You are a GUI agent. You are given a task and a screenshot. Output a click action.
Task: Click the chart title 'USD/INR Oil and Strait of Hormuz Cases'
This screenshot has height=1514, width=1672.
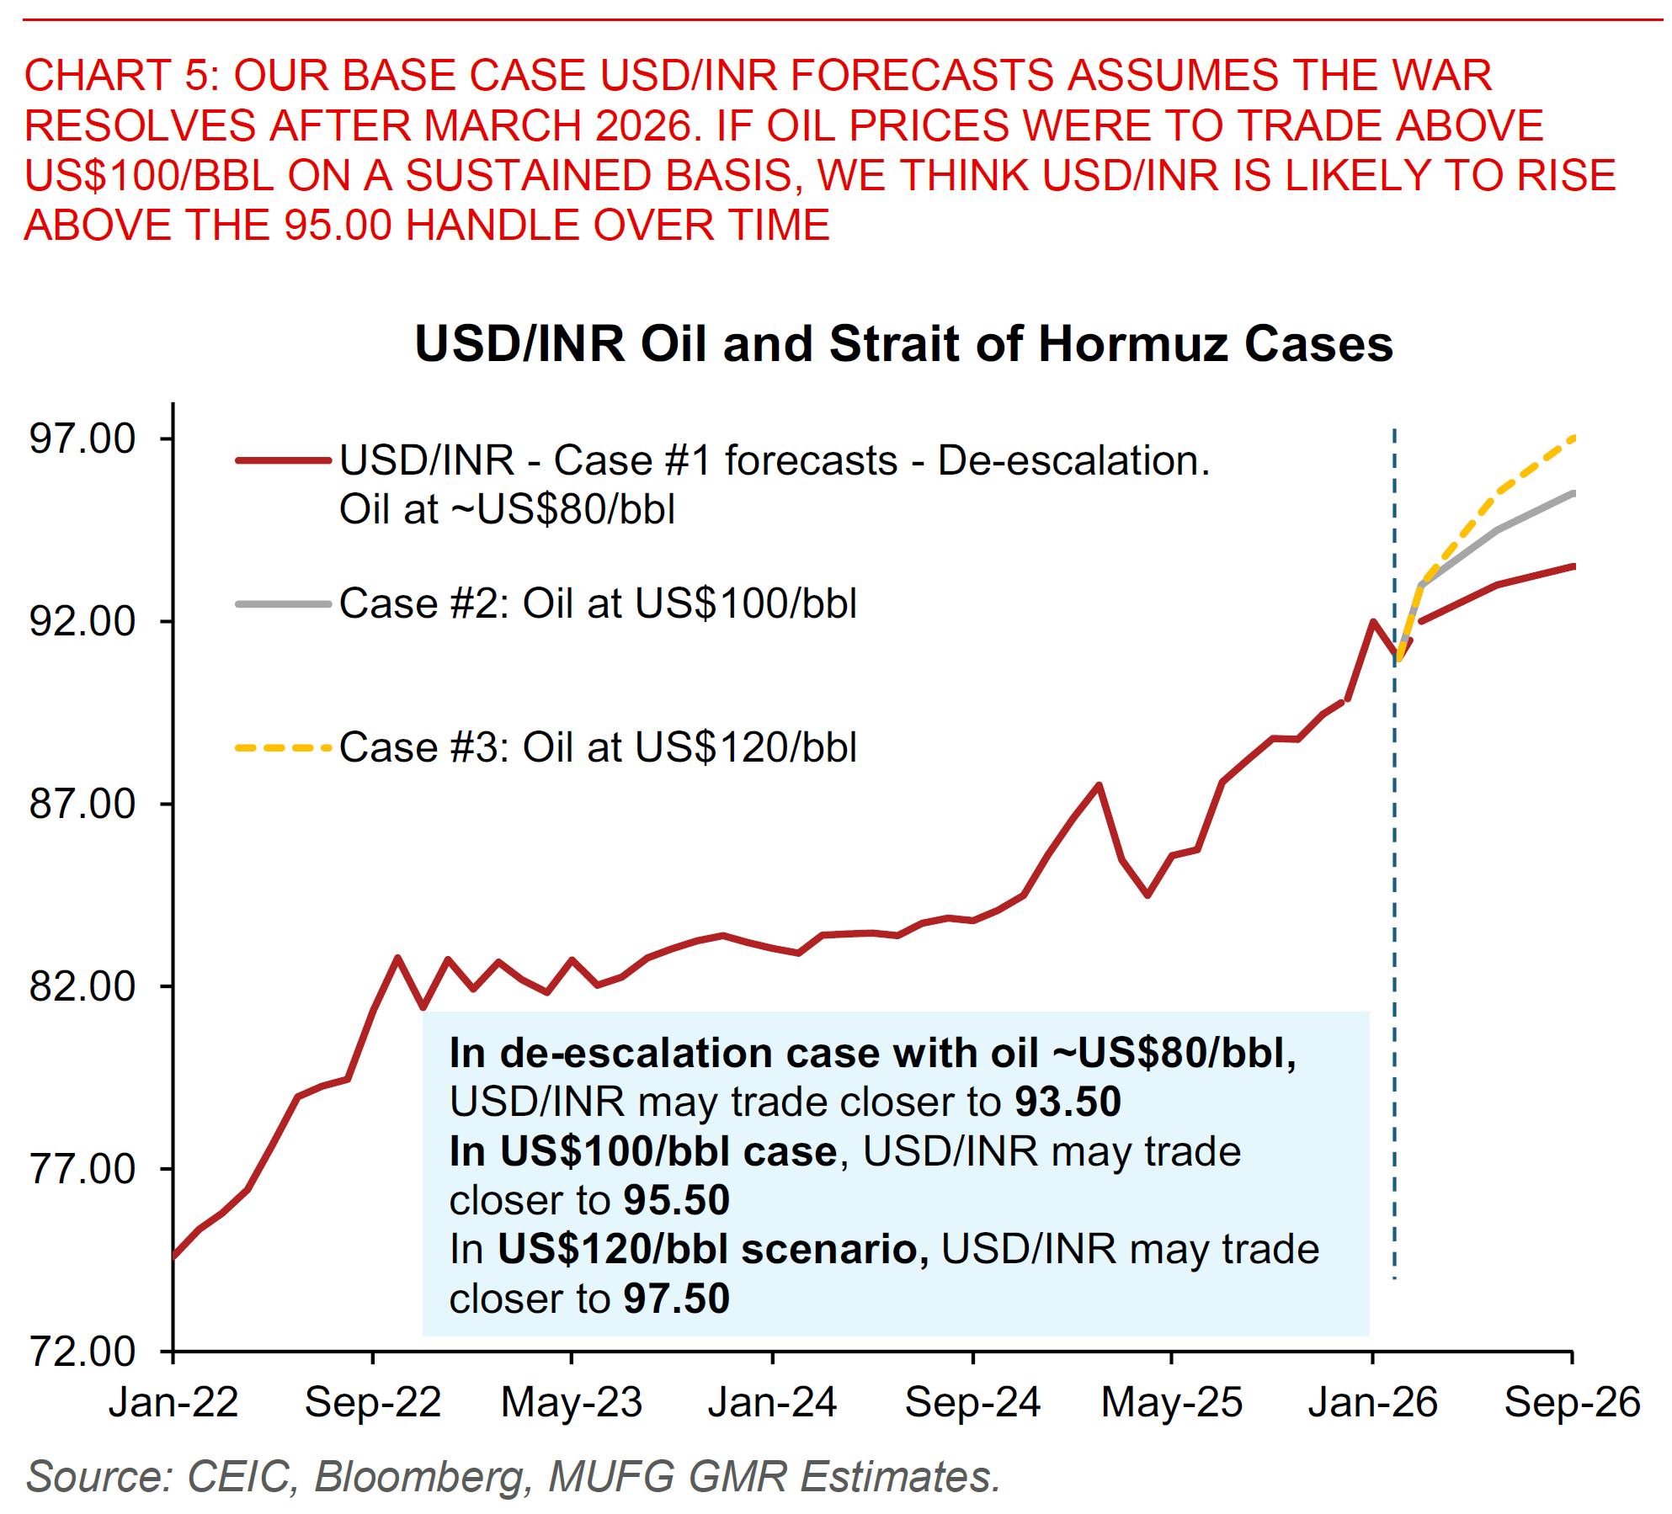903,344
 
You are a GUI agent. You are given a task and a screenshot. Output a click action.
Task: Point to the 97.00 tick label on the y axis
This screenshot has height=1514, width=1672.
83,438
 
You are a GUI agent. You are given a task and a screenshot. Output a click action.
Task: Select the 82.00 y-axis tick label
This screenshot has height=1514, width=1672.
83,985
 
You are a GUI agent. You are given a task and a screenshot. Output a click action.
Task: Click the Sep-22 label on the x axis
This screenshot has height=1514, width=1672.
373,1402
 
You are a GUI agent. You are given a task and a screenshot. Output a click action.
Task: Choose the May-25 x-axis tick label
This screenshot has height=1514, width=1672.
1171,1402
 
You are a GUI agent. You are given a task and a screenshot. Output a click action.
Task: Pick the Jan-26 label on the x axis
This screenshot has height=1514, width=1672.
1372,1402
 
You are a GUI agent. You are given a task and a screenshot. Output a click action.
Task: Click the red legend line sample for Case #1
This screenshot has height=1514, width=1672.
283,460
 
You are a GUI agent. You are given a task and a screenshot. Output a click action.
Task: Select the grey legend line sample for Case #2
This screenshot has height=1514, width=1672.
283,603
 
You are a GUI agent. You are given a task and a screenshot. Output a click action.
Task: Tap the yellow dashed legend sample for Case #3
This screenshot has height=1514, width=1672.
283,747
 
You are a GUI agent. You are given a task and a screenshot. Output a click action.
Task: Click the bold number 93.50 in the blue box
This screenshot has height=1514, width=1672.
1068,1102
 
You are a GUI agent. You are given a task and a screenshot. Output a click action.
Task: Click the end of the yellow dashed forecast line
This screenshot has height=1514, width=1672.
1572,438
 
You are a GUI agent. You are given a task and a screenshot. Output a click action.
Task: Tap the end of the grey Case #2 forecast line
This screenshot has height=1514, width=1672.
1572,493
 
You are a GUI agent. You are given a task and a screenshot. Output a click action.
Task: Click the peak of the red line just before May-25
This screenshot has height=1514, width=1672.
1099,785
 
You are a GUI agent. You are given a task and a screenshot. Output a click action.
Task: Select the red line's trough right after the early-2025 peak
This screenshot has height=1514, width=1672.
1148,895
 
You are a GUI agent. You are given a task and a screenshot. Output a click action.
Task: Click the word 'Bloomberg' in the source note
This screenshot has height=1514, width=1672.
422,1476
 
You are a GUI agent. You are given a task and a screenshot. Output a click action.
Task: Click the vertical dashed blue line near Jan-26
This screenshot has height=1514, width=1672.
1394,926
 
